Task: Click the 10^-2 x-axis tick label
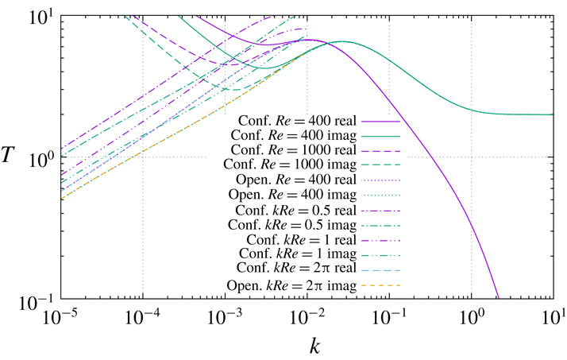point(307,318)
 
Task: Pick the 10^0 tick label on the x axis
point(471,318)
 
